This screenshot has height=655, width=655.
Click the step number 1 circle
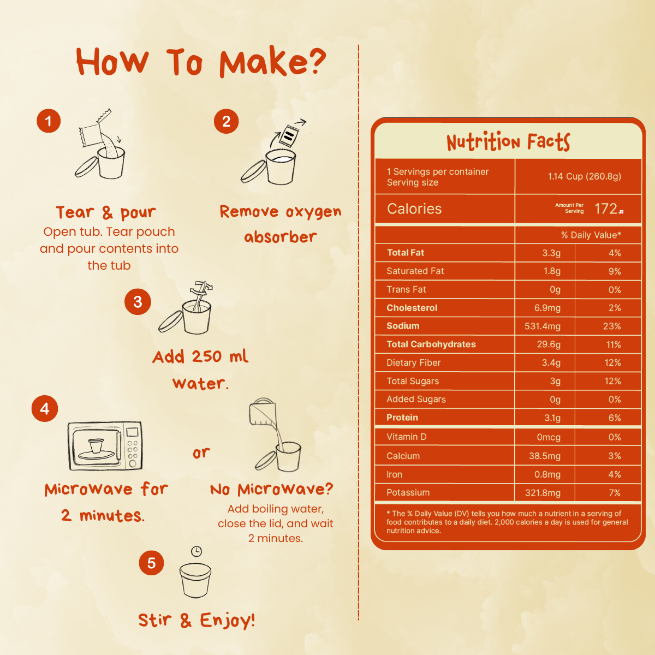(x=49, y=121)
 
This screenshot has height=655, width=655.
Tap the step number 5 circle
(x=151, y=563)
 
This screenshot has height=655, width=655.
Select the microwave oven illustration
(x=105, y=445)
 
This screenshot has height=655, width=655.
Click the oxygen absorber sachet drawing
(x=288, y=135)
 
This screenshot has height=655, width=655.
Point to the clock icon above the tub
(x=196, y=551)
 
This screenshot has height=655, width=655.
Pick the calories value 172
(x=606, y=209)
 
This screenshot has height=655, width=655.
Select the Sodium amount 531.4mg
(x=542, y=326)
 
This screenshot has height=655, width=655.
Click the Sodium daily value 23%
(x=612, y=326)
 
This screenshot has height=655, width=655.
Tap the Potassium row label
(x=408, y=492)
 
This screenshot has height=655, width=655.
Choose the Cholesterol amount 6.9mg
(x=547, y=308)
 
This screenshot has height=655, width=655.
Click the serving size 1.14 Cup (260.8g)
(x=584, y=176)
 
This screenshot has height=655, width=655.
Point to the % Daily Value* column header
(x=591, y=235)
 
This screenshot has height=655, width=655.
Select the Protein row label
(x=402, y=418)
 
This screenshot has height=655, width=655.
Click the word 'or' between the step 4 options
(x=201, y=452)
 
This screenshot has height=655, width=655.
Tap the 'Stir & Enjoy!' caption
(x=196, y=620)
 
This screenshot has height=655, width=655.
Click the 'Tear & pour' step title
(x=106, y=212)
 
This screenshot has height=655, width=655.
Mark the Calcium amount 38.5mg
(x=545, y=456)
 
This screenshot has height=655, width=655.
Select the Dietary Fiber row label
(x=413, y=362)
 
